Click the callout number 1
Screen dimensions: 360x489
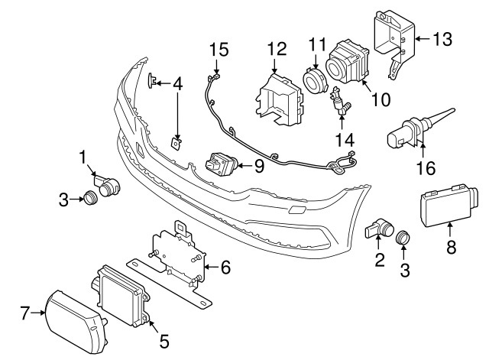83,157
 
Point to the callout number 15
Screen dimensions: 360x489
219,50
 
